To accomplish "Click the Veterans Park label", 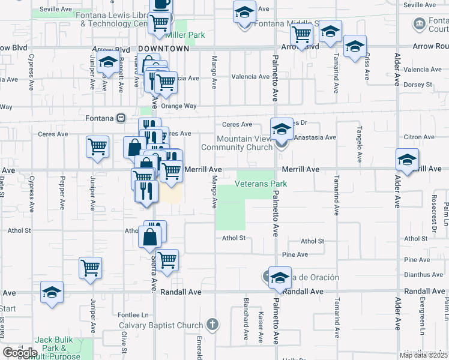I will coord(261,184).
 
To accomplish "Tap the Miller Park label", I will coord(188,35).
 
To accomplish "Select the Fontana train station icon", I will coord(121,118).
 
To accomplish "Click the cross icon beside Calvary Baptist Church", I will coord(211,325).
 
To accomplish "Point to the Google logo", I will coord(20,352).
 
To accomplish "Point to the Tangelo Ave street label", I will coord(360,144).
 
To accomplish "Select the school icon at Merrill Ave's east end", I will coord(406,161).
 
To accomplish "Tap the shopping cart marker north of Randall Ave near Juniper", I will coord(90,268).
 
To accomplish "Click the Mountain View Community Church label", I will coord(236,143).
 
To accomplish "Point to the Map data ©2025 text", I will coord(424,355).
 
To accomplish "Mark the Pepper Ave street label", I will coord(62,192).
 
